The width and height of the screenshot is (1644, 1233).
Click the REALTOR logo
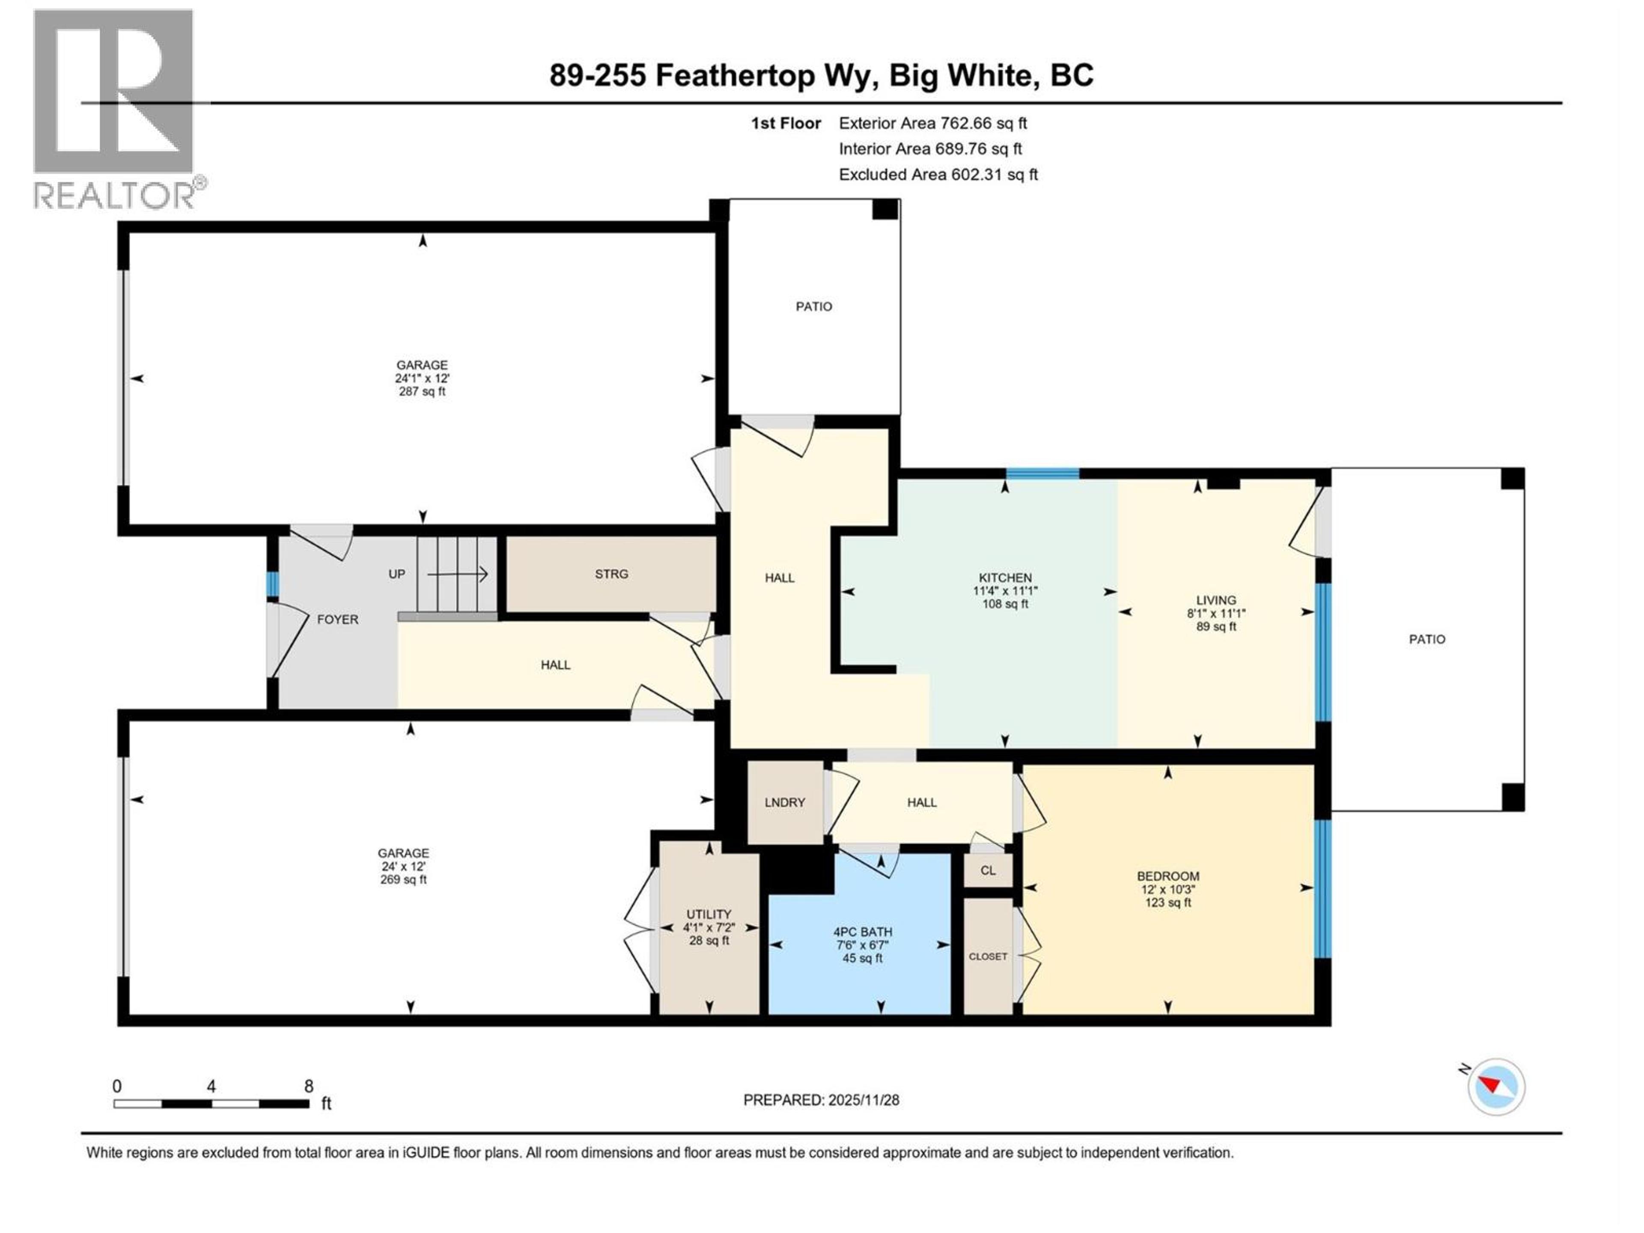click(x=115, y=108)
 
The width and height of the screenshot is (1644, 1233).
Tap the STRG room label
click(x=611, y=574)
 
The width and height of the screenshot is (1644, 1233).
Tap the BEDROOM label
click(x=1167, y=876)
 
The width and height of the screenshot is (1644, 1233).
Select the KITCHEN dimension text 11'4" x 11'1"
click(x=1005, y=591)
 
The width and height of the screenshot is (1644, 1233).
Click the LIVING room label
click(x=1216, y=600)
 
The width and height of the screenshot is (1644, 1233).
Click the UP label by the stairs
click(x=397, y=574)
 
